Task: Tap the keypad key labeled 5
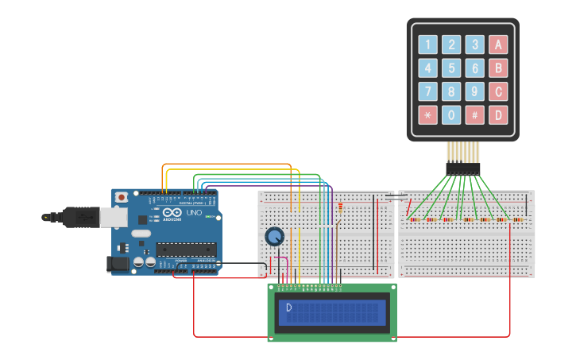(451, 68)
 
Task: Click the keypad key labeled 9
(474, 91)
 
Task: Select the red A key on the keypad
(498, 45)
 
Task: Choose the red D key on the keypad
(498, 114)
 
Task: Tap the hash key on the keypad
(474, 114)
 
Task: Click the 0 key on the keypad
(451, 114)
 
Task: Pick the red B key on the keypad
(498, 68)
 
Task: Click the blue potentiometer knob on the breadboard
(274, 236)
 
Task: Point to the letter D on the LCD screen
(289, 308)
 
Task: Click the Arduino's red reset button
(122, 197)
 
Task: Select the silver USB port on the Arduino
(109, 215)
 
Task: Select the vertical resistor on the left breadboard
(341, 208)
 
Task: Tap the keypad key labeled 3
(474, 45)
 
